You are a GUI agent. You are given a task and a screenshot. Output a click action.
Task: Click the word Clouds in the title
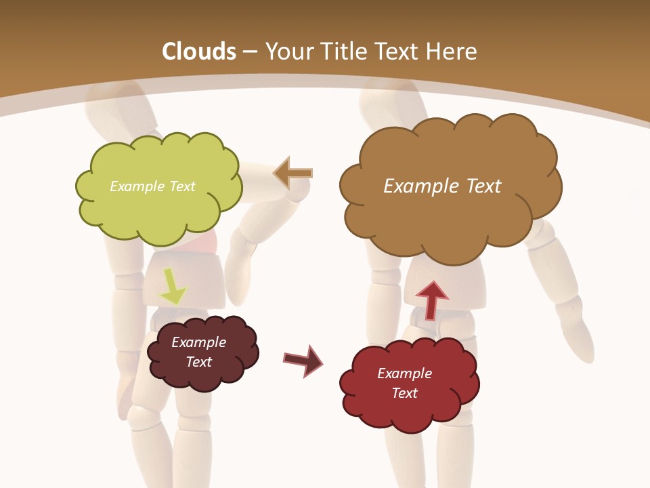point(199,52)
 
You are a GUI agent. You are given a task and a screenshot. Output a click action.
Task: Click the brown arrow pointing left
point(293,173)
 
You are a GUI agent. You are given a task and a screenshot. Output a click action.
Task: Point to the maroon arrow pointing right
point(303,360)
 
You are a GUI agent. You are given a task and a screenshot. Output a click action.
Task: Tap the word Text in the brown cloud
point(479,186)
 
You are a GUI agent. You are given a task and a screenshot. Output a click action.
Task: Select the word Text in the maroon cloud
point(199,362)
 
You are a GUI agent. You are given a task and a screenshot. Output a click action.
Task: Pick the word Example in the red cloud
point(404,373)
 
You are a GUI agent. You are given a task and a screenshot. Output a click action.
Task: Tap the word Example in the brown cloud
point(419,186)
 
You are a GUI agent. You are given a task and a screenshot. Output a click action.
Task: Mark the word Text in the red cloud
point(404,393)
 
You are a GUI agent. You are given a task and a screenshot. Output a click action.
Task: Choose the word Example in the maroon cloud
point(198,342)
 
